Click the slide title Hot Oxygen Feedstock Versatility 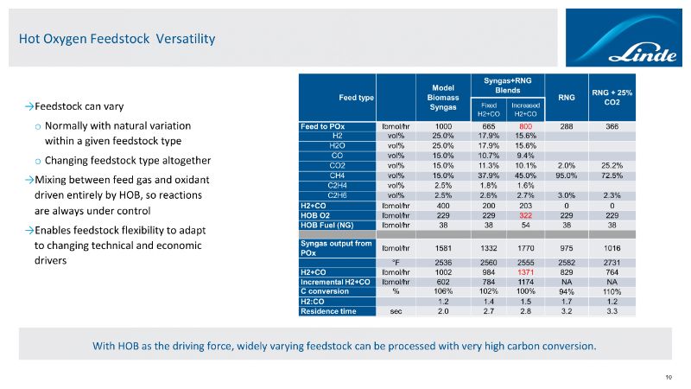coord(117,39)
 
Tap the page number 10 coord(669,376)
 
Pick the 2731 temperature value coord(612,262)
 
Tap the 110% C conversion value coord(612,290)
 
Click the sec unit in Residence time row coord(396,310)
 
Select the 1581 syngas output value coord(442,247)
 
